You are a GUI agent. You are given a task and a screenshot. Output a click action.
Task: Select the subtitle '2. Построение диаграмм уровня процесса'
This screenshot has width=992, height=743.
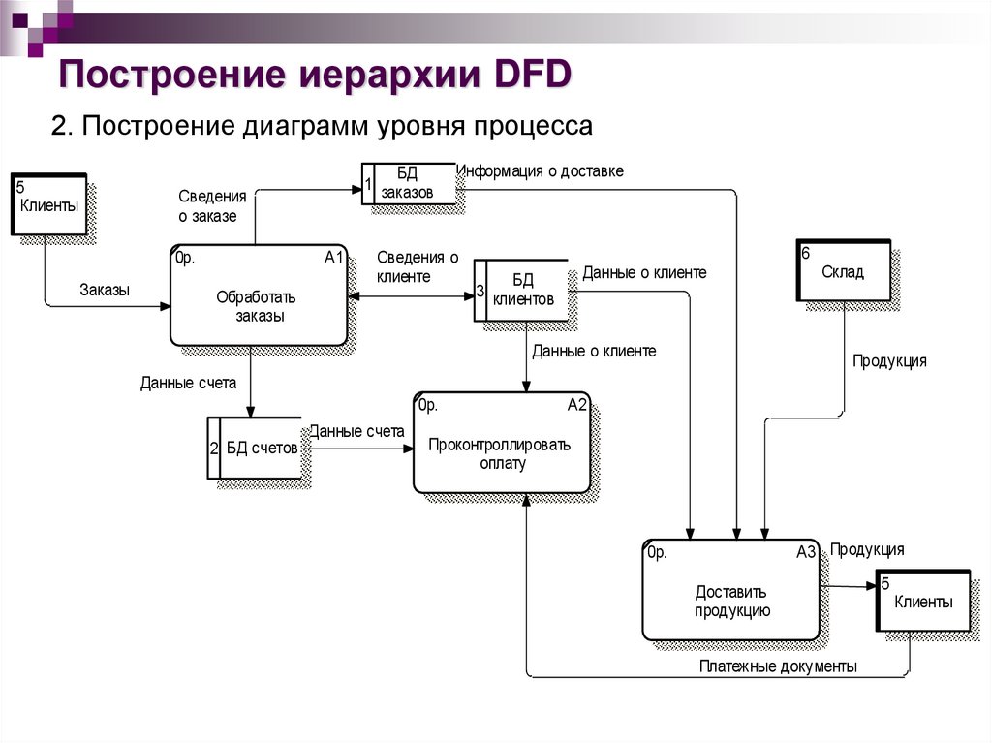321,127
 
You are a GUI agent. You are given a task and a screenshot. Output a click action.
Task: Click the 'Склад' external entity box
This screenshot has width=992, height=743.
842,272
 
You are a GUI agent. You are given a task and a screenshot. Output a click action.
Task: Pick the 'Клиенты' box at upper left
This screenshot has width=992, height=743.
49,204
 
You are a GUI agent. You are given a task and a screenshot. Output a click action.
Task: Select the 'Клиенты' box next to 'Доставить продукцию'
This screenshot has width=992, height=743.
922,602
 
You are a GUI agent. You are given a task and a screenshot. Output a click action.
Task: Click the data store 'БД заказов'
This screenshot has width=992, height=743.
408,183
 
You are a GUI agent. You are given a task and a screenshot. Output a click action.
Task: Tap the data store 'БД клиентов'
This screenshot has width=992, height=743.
522,290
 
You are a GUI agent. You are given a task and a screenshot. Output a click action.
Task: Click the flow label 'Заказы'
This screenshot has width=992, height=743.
105,290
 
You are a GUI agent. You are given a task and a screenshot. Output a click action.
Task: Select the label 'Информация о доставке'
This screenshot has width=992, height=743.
541,171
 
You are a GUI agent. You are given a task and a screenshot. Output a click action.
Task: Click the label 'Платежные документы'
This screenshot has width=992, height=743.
778,666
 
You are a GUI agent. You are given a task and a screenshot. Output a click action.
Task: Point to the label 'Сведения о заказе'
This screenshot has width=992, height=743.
212,205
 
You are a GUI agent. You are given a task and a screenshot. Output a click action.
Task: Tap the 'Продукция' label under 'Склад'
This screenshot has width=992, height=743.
888,361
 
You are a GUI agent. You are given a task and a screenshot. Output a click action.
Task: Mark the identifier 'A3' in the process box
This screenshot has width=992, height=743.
806,553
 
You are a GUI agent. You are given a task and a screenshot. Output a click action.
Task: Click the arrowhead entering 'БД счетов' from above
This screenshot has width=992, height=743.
250,411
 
